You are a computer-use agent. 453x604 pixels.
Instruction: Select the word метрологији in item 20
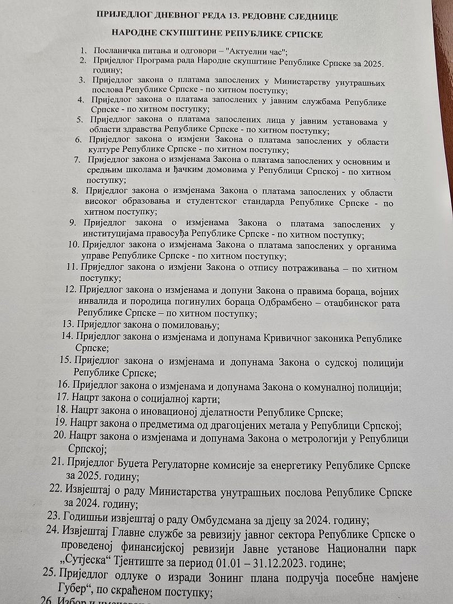[317, 439]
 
